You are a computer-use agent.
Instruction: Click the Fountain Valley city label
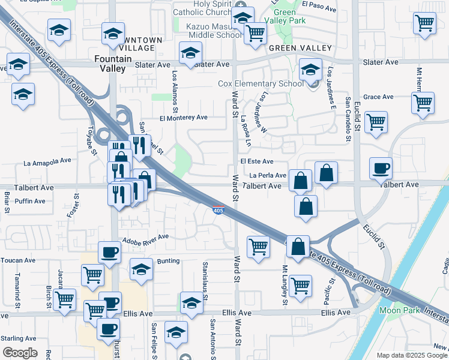(x=110, y=63)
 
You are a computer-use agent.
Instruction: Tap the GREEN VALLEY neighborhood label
(x=300, y=48)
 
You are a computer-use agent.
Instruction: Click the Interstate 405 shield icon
(x=218, y=210)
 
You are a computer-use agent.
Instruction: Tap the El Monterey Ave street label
(x=183, y=118)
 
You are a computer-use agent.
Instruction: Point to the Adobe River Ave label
(x=145, y=238)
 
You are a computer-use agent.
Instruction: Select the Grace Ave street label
(x=378, y=97)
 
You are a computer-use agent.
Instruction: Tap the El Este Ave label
(x=256, y=161)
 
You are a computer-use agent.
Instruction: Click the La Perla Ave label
(x=268, y=175)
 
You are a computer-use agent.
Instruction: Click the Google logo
(x=20, y=353)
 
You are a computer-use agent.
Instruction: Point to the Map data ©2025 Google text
(x=412, y=355)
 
